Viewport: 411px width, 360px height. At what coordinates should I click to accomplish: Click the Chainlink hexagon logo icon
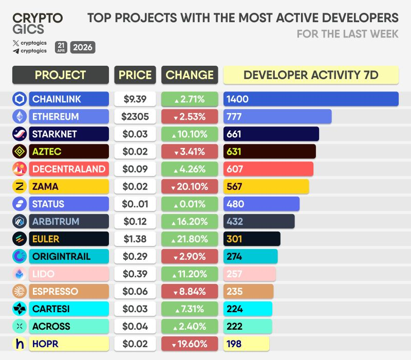point(20,99)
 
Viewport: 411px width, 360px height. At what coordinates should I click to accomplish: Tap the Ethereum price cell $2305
point(135,117)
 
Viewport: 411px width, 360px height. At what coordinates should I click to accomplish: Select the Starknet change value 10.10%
point(190,134)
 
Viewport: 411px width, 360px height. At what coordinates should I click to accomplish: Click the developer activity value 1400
point(237,99)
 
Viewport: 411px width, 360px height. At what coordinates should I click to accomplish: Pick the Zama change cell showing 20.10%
point(190,186)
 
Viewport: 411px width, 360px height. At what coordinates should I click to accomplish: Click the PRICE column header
point(135,75)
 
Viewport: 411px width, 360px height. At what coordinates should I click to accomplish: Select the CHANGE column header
point(190,75)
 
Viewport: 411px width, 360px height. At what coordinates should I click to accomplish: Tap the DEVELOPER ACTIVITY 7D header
point(311,75)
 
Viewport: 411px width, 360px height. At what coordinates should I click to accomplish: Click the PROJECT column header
point(61,75)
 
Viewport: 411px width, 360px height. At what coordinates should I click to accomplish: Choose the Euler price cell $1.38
point(135,239)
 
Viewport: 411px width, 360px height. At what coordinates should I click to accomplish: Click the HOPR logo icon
point(20,344)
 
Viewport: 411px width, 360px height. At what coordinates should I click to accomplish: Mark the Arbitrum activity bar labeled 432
point(259,221)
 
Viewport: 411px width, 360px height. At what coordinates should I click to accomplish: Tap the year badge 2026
point(83,47)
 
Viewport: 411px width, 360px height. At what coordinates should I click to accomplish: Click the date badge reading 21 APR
point(61,47)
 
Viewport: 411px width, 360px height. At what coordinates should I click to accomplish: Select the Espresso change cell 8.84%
point(190,291)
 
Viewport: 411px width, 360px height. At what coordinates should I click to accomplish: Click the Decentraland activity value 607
point(235,169)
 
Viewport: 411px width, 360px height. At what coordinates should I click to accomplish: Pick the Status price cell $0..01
point(135,204)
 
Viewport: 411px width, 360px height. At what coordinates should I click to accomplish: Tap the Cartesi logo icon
point(20,309)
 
